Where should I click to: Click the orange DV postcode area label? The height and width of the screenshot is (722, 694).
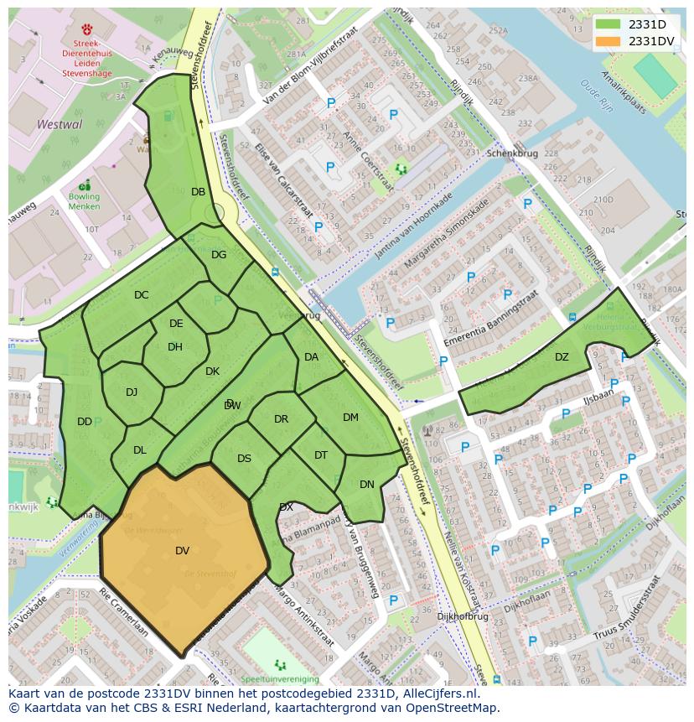point(182,551)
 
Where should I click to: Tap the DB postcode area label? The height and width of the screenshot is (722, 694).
point(198,192)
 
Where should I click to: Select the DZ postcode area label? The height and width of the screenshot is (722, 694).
point(562,357)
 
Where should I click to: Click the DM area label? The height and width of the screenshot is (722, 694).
point(350,418)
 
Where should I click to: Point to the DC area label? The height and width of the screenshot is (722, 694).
point(141,295)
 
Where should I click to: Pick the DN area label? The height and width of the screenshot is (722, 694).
point(367,485)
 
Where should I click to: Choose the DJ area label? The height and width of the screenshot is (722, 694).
point(132,392)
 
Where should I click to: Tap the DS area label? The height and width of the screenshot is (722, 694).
point(244,459)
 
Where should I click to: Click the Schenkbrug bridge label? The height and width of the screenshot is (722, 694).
point(511,154)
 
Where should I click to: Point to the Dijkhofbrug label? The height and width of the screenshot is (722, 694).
point(463,616)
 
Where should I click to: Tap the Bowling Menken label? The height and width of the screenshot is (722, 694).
point(84,202)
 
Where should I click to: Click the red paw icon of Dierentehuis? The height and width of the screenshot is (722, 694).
point(86,29)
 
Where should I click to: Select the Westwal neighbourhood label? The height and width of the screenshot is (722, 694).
point(60,124)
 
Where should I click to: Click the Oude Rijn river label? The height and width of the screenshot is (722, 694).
point(596,96)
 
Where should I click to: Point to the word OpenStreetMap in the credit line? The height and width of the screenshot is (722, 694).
point(452,708)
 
